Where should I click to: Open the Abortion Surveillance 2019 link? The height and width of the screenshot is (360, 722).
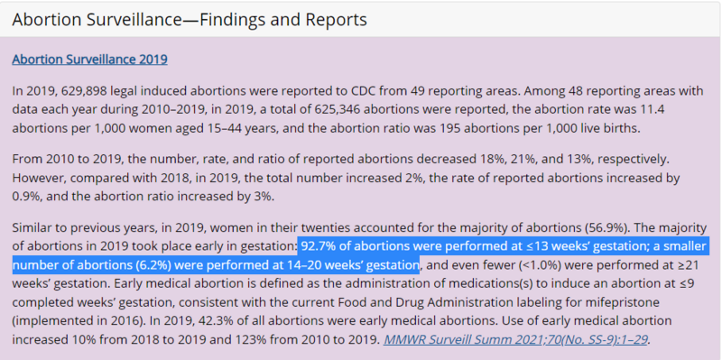tap(89, 60)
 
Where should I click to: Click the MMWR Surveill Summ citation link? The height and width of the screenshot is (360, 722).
tap(515, 340)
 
